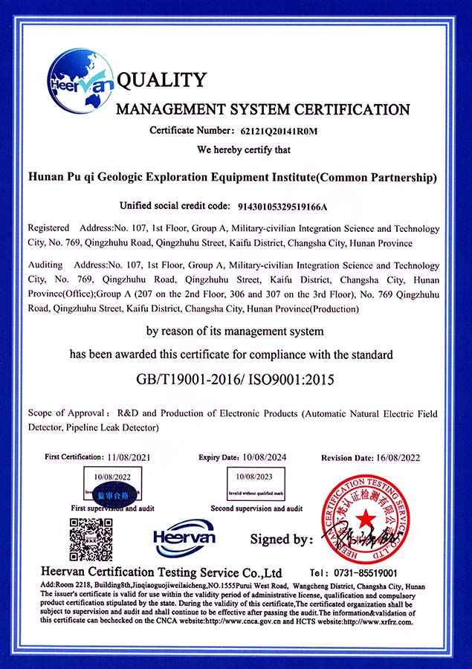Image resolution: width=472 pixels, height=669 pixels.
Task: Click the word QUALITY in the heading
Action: point(161,80)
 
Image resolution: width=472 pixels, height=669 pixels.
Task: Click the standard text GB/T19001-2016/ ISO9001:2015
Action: point(235,380)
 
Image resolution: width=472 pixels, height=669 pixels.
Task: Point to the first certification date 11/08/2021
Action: point(134,456)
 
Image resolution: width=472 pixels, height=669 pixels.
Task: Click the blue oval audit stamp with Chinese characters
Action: point(114,494)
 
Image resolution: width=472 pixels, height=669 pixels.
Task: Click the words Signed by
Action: point(281,540)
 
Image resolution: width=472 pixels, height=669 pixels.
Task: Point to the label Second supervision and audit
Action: point(256,508)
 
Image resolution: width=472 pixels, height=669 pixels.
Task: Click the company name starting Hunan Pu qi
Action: point(231,178)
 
